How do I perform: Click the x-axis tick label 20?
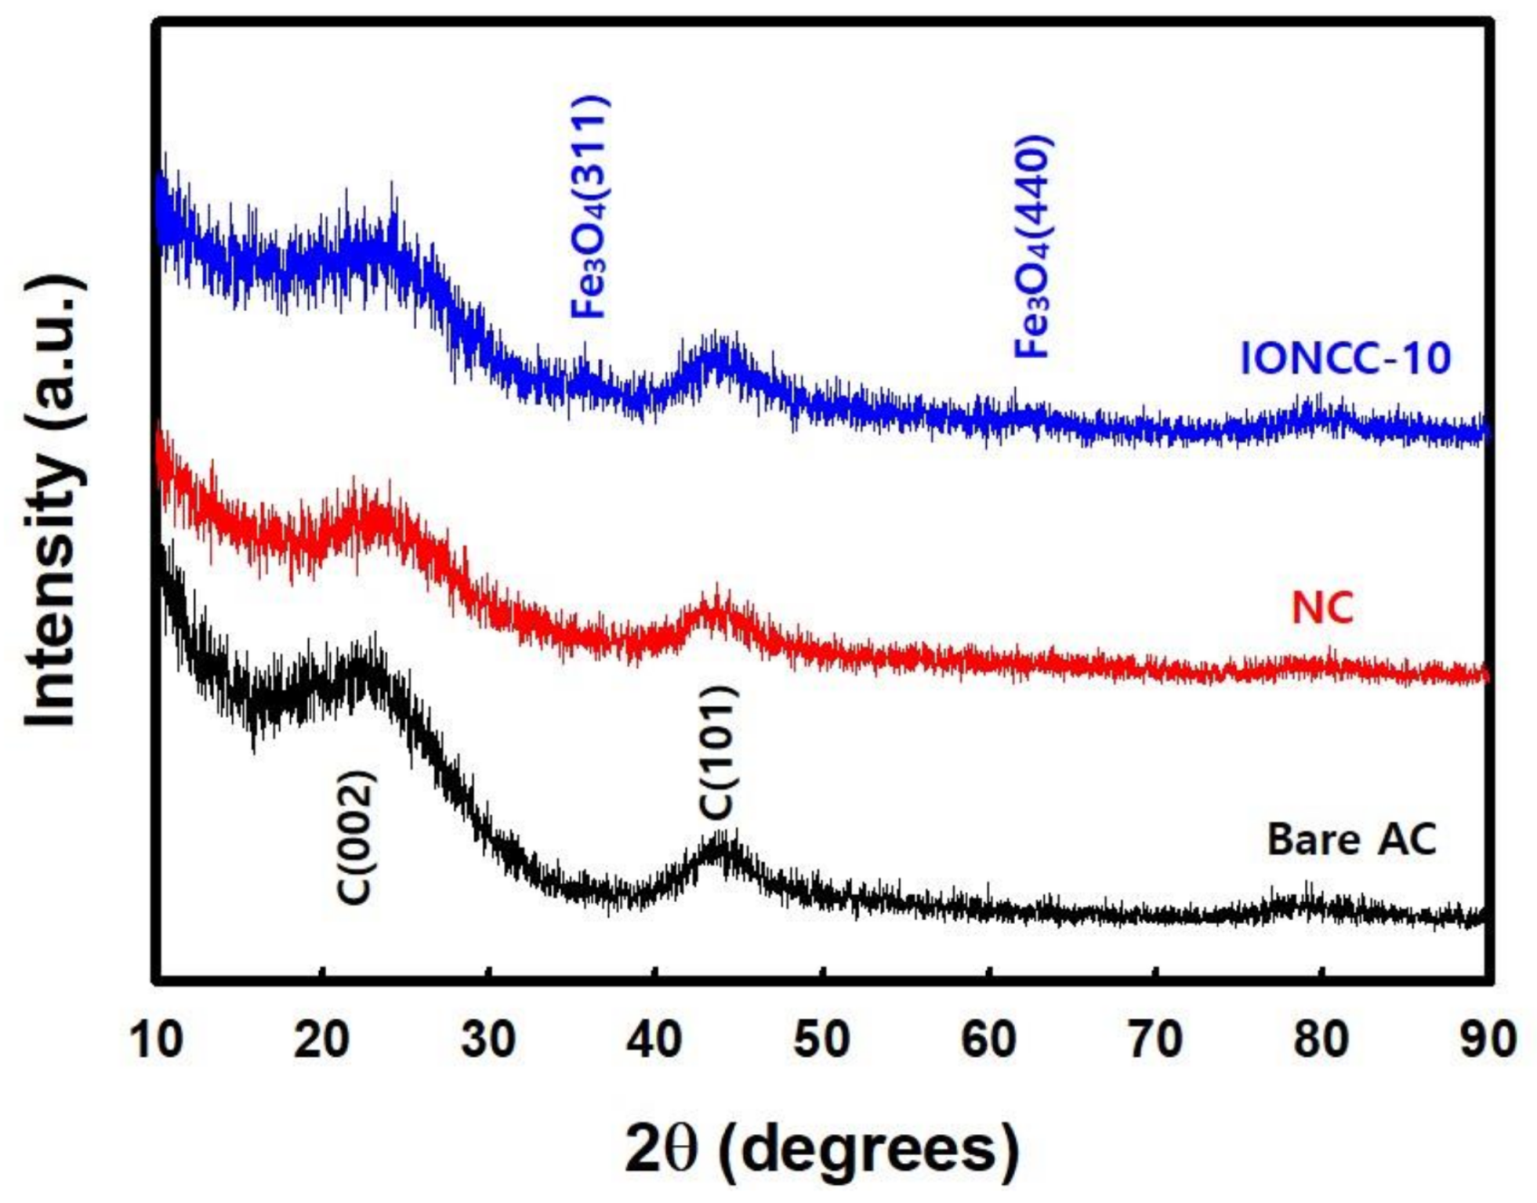[x=322, y=1040]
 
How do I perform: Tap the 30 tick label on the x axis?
[x=488, y=1040]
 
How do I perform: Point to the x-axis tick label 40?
[x=654, y=1040]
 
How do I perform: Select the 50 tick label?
[x=821, y=1040]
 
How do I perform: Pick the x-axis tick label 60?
[x=988, y=1040]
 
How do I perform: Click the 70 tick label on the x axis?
[x=1155, y=1040]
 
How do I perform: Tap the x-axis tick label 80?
[x=1321, y=1040]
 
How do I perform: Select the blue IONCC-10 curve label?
[x=1345, y=357]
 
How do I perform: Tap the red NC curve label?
[x=1322, y=607]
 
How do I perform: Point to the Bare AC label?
[x=1351, y=839]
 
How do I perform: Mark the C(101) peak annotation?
[x=720, y=752]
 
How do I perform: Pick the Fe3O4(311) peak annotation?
[x=590, y=207]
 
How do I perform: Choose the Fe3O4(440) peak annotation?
[x=1032, y=247]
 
